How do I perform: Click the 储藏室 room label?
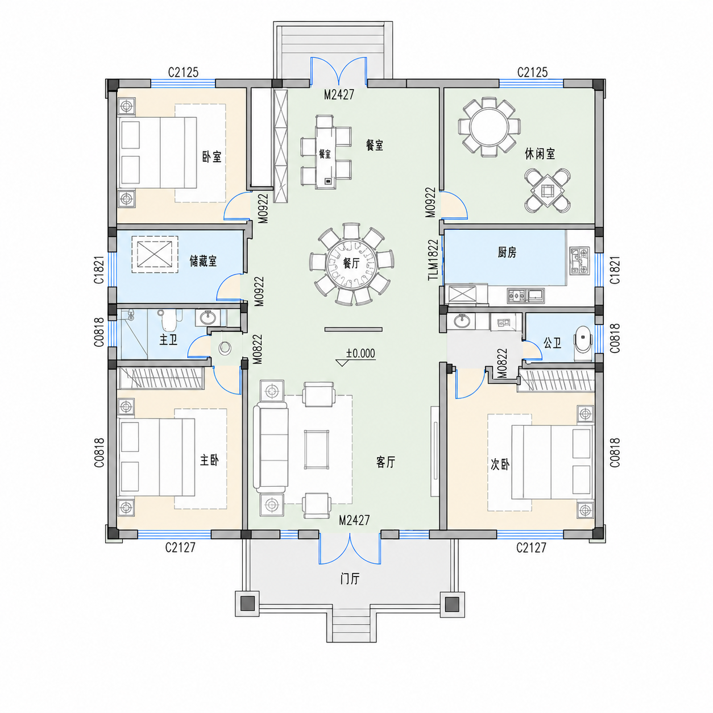click(x=203, y=261)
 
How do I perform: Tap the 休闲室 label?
click(x=540, y=154)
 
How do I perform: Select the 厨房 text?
click(x=507, y=252)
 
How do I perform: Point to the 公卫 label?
click(x=552, y=343)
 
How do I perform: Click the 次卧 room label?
click(x=500, y=465)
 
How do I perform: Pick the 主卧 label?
click(x=209, y=461)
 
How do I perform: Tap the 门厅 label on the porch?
click(x=350, y=578)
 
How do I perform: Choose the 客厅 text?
click(x=385, y=462)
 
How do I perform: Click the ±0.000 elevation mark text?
click(x=360, y=353)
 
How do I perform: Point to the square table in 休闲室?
click(x=547, y=191)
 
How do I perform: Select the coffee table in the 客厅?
click(x=316, y=449)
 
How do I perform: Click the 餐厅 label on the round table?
click(x=351, y=263)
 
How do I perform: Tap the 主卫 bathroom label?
click(x=168, y=339)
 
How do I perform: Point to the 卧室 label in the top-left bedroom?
click(x=212, y=156)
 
